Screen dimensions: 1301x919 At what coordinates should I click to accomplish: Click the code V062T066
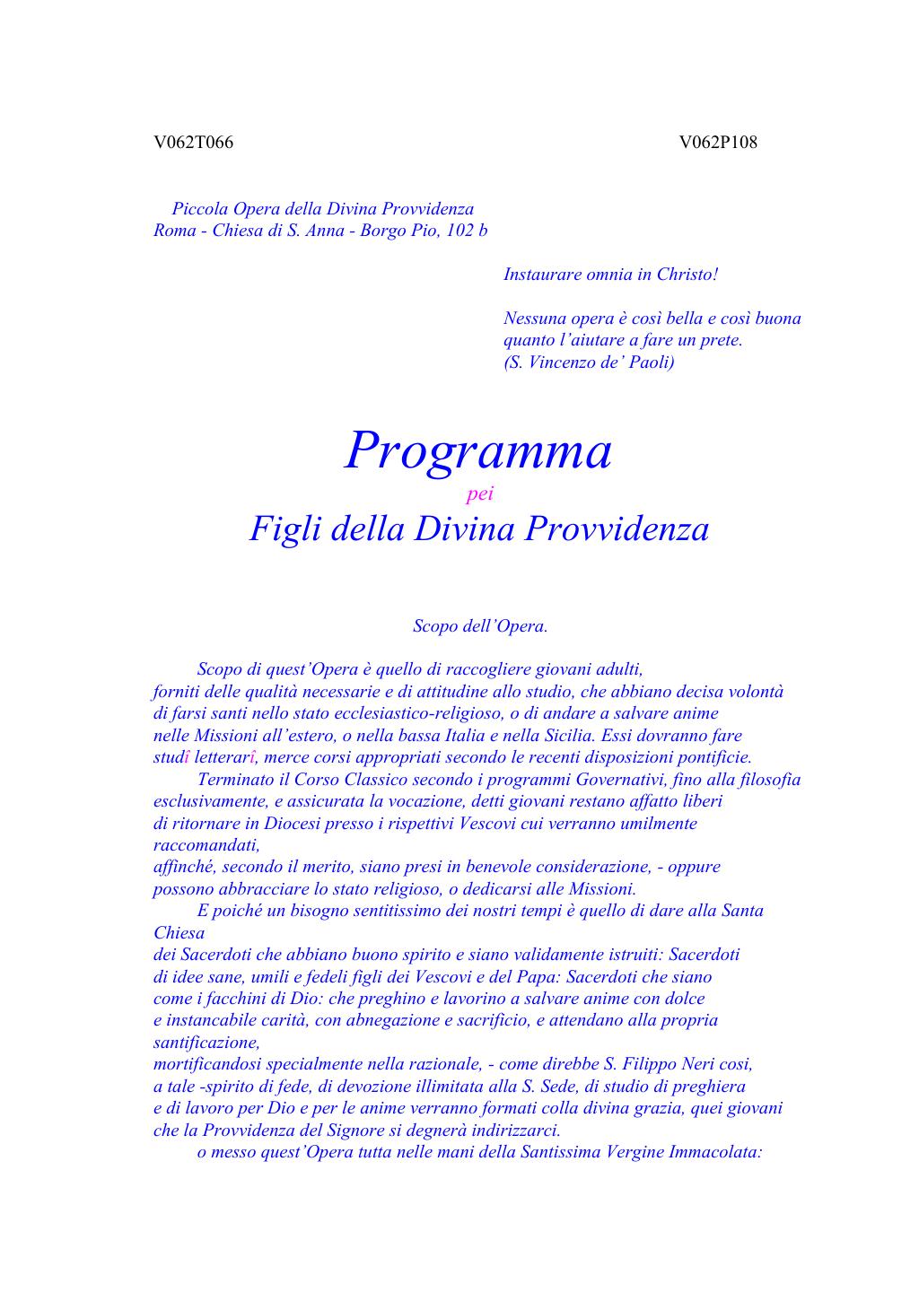click(x=193, y=143)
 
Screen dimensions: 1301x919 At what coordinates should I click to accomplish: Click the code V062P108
click(x=718, y=143)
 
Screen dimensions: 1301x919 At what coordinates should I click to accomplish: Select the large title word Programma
click(x=478, y=450)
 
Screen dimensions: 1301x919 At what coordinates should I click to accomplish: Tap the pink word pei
click(x=480, y=494)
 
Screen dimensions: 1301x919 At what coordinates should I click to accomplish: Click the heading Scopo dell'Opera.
click(x=480, y=626)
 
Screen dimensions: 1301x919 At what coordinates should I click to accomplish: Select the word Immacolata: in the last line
click(x=715, y=1152)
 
